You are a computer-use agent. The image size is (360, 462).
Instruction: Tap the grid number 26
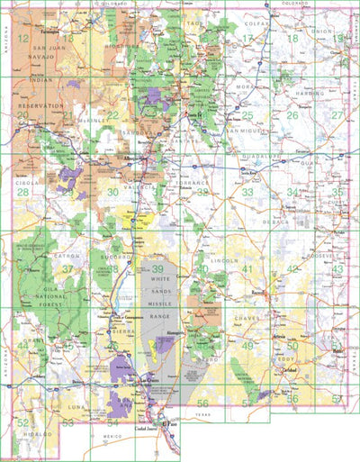pos(292,115)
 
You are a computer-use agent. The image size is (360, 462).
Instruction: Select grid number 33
pos(247,192)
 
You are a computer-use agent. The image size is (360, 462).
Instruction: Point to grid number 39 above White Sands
pos(157,269)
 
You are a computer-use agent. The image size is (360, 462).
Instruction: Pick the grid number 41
pos(246,269)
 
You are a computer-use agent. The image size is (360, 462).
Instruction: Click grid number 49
pos(247,346)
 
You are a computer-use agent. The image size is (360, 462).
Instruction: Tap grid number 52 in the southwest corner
pos(22,421)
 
